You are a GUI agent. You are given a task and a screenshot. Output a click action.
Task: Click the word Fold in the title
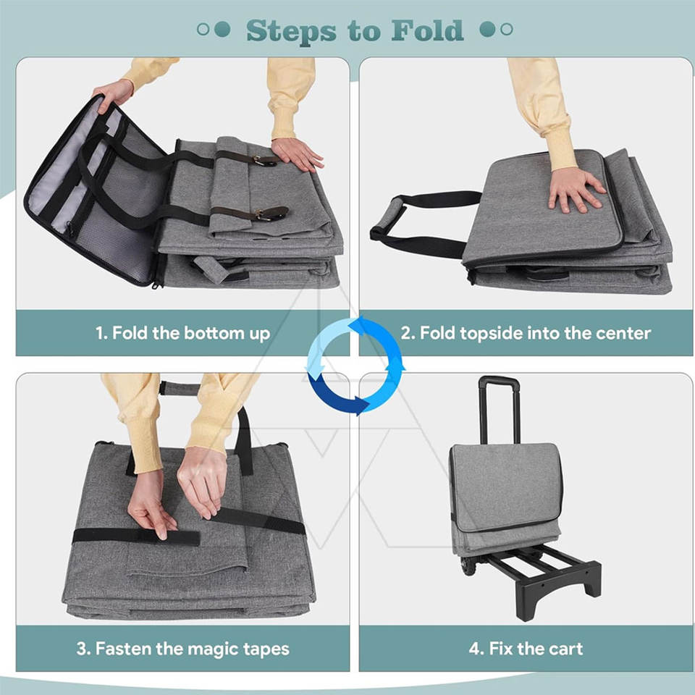point(427,30)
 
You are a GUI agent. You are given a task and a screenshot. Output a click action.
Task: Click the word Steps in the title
point(291,32)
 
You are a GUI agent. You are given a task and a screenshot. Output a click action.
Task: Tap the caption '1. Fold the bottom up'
point(182,333)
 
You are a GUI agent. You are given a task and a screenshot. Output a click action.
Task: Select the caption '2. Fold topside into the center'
point(526,333)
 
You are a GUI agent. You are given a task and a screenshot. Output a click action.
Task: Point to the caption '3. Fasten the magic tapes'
point(182,649)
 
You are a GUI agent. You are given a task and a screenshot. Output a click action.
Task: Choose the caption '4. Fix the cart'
point(526,649)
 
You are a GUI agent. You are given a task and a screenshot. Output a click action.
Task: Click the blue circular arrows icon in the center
point(356,365)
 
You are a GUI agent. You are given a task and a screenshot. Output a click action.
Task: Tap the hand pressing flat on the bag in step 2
point(575,190)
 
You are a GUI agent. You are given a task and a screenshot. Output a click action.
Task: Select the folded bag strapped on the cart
point(505,499)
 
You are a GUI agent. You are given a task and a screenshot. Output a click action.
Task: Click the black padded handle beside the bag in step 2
point(387,219)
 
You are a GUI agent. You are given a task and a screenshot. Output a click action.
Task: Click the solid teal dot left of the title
point(222,29)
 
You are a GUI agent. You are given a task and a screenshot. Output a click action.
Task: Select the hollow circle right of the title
point(507,29)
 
